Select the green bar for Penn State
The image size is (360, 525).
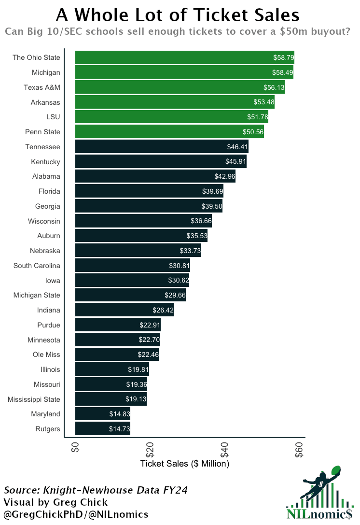[x=169, y=132]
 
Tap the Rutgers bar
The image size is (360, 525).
[x=102, y=429]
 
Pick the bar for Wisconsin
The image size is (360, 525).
[x=143, y=221]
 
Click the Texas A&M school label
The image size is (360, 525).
[x=42, y=87]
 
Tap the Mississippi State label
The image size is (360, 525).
[x=34, y=399]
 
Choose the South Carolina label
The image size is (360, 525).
[x=37, y=266]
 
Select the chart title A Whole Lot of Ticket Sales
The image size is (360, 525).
[x=178, y=14]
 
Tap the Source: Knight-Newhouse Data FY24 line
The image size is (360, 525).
[x=96, y=490]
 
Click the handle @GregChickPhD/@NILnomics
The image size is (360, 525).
[x=76, y=514]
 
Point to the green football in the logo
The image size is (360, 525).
[x=336, y=471]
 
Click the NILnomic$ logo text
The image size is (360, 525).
[x=319, y=514]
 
